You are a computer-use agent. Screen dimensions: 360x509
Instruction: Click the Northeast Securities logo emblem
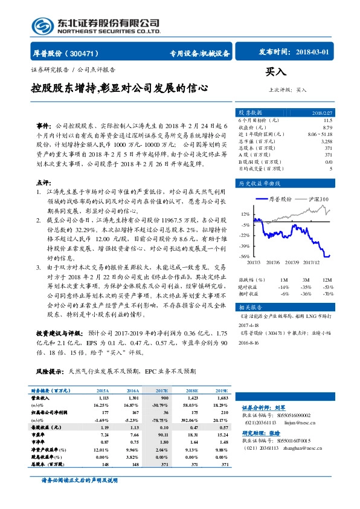tap(42, 26)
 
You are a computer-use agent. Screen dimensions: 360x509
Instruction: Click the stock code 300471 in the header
tap(87, 53)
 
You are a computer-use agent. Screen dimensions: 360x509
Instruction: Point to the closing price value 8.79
tap(327, 128)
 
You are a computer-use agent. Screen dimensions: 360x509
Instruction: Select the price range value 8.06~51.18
tap(319, 134)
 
